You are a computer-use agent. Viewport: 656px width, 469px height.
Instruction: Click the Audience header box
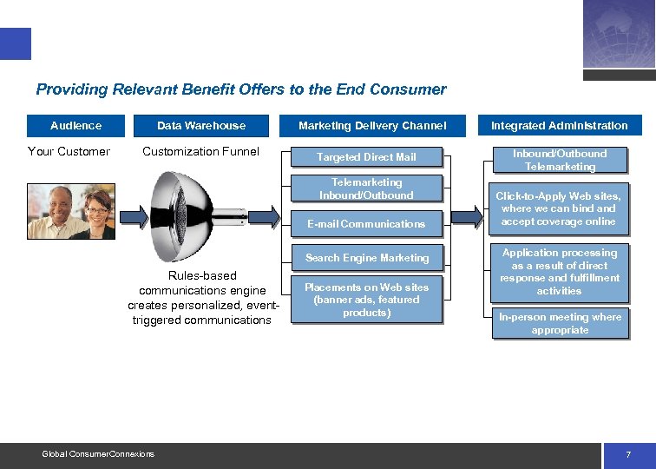[x=76, y=126]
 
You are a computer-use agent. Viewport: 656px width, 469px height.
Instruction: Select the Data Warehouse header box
[x=201, y=126]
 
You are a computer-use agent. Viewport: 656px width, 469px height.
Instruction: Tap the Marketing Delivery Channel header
[x=372, y=126]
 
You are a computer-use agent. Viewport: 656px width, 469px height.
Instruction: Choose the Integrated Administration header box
[x=559, y=126]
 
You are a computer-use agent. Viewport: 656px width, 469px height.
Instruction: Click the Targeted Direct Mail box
[x=366, y=157]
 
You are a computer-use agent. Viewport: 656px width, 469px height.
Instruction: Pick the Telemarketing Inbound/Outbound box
[x=366, y=188]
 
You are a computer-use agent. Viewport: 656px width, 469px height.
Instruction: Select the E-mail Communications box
[x=366, y=224]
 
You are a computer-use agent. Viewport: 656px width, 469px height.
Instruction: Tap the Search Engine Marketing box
[x=366, y=258]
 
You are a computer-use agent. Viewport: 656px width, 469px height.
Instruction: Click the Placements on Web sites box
[x=366, y=300]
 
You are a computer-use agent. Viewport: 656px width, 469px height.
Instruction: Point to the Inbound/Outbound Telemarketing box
[x=560, y=160]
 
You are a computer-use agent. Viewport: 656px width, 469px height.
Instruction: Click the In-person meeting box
[x=560, y=323]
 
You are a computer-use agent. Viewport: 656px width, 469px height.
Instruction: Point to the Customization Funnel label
[x=200, y=152]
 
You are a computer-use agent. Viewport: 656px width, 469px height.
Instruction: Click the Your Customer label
[x=69, y=152]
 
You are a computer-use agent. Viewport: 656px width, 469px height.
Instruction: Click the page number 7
[x=628, y=455]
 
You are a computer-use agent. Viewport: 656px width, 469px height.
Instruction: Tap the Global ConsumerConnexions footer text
[x=98, y=454]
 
